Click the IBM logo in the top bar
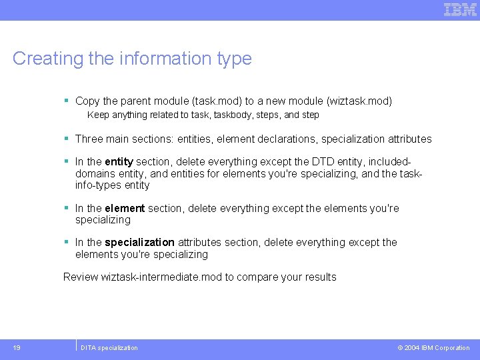pyautogui.click(x=461, y=9)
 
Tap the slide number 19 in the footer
pyautogui.click(x=17, y=347)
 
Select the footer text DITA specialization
pyautogui.click(x=109, y=347)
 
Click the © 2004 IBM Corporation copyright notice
pyautogui.click(x=433, y=347)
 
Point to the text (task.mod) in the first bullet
pyautogui.click(x=217, y=101)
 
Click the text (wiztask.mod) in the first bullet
pyautogui.click(x=359, y=101)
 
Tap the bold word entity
pyautogui.click(x=119, y=162)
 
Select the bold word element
pyautogui.click(x=125, y=209)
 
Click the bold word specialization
pyautogui.click(x=139, y=243)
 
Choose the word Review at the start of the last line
pyautogui.click(x=81, y=277)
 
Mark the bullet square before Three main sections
pyautogui.click(x=67, y=139)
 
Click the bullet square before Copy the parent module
pyautogui.click(x=67, y=101)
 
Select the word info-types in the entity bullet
pyautogui.click(x=99, y=185)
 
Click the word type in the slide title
pyautogui.click(x=234, y=59)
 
